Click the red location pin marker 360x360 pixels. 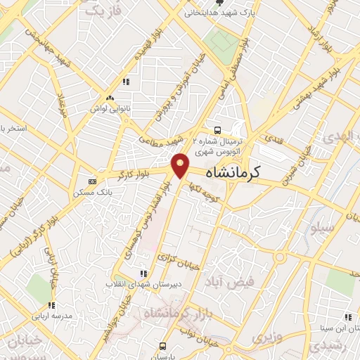tap(181, 166)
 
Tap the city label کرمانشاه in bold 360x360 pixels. tap(233, 172)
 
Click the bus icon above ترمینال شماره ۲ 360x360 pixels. tap(217, 129)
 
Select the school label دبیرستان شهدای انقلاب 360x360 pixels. tap(135, 284)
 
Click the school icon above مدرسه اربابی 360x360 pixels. tap(51, 305)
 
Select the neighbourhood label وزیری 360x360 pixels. tap(265, 337)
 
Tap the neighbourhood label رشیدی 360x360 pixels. tap(327, 347)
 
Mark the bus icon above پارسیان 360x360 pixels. tap(163, 346)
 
